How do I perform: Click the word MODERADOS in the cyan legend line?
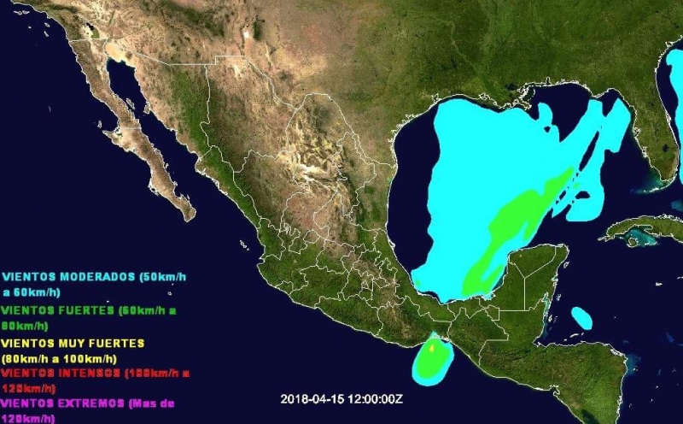point(94,277)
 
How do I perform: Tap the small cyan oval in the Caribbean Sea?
point(581,318)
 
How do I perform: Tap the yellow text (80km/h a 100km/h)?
point(60,358)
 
